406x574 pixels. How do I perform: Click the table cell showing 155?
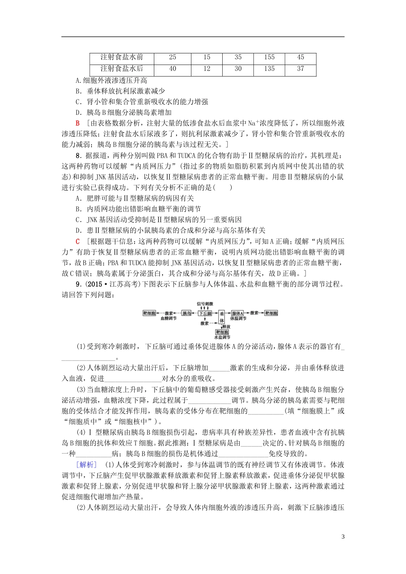point(269,57)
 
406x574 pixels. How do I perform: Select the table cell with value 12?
point(207,69)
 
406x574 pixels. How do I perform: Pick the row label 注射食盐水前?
point(121,57)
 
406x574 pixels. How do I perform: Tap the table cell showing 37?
point(300,69)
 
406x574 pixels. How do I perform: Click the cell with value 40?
point(173,69)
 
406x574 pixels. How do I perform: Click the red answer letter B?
point(78,123)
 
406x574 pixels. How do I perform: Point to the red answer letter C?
point(78,242)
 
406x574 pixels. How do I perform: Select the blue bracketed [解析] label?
point(86,465)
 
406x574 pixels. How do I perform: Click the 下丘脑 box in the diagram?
point(206,313)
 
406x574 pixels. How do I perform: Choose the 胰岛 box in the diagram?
point(187,313)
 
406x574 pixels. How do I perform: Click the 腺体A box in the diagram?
point(238,313)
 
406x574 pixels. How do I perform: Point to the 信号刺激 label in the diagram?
point(205,304)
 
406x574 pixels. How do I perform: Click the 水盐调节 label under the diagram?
point(222,337)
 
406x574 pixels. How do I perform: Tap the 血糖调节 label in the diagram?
point(168,319)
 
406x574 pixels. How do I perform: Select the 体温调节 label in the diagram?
point(238,319)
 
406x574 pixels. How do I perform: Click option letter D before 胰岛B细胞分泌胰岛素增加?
point(78,113)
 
